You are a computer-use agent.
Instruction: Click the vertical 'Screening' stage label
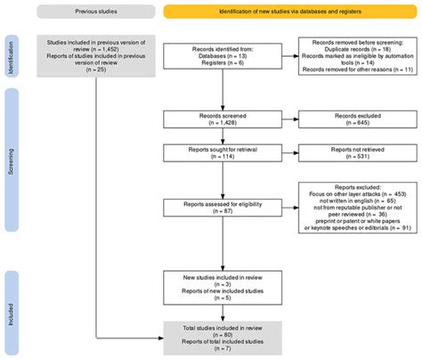coord(10,165)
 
